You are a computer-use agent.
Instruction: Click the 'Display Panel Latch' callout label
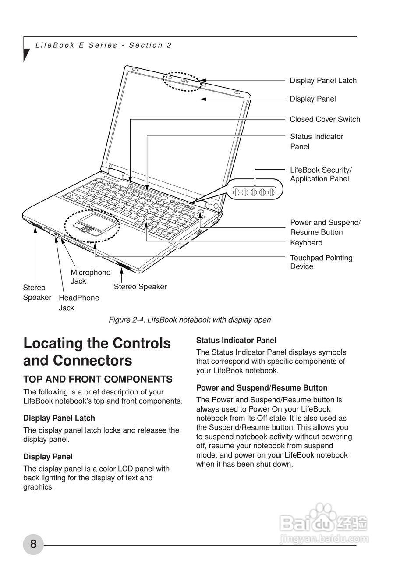pos(323,81)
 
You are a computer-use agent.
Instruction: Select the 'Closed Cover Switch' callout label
pos(325,119)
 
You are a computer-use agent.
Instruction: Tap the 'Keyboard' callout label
pos(306,243)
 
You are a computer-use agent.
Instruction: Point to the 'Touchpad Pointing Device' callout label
pos(321,262)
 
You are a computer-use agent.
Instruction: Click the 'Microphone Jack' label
pos(91,277)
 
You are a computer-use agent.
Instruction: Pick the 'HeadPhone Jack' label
pos(79,302)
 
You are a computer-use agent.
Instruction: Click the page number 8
pos(33,544)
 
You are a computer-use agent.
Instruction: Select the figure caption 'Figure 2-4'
pos(189,320)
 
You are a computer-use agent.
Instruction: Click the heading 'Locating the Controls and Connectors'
pos(97,352)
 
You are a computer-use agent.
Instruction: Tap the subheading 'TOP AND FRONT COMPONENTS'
pos(98,380)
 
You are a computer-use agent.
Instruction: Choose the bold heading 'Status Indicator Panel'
pos(236,341)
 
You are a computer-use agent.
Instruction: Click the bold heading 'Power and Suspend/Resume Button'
pos(262,388)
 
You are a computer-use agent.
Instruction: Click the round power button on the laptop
pos(201,212)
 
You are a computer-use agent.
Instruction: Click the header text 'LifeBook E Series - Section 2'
pos(103,45)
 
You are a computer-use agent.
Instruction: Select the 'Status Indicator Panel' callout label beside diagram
pos(316,142)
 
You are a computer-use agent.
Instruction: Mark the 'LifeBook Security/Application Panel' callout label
pos(321,174)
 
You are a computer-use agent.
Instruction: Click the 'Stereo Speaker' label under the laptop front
pos(140,287)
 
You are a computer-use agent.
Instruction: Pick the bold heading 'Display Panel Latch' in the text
pos(59,419)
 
